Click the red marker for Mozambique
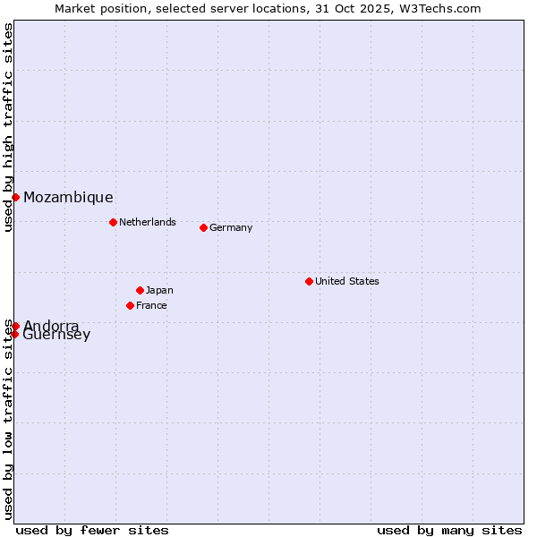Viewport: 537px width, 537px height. pos(15,197)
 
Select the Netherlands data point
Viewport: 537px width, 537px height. pos(113,222)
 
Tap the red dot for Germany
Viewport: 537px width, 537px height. pos(203,227)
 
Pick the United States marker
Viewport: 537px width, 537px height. pos(309,281)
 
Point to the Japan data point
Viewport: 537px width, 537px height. pos(140,290)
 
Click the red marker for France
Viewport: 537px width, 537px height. pos(130,305)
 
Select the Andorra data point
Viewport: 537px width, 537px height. pos(15,326)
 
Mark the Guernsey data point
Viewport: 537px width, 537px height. pos(14,334)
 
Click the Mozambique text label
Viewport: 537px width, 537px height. pos(68,197)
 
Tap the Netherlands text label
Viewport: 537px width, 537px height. pos(147,222)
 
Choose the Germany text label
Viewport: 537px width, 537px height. pos(231,227)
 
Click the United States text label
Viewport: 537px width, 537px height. pos(346,281)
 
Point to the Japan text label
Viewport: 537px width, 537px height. pos(159,290)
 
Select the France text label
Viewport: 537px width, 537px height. pos(151,305)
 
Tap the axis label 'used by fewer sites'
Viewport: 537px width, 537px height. pos(92,530)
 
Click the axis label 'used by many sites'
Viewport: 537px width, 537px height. pos(449,530)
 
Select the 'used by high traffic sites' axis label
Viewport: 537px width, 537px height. pos(8,127)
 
